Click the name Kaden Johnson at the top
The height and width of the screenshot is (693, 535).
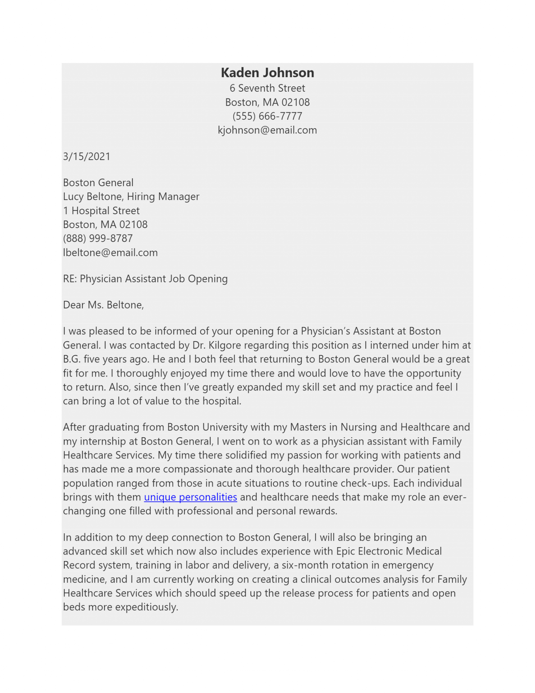pos(267,73)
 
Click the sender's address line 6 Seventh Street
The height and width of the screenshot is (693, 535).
pos(267,88)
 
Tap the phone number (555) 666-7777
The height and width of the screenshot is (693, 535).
pos(267,116)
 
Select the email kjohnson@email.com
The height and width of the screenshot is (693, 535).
pos(267,130)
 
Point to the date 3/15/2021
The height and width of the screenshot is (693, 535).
pos(87,157)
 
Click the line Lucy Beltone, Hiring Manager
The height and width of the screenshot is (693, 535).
pos(131,197)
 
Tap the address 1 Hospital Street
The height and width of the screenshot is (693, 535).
pos(101,211)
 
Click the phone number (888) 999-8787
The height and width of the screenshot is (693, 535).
pos(98,239)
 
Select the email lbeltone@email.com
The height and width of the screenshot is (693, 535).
pos(110,253)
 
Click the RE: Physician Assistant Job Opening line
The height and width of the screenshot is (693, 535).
pos(145,279)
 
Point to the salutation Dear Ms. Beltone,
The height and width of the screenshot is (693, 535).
pos(103,305)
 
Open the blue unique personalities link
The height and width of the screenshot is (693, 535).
pos(190,497)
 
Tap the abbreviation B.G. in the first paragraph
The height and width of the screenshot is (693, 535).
pos(72,359)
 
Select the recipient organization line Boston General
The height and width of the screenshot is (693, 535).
pos(98,183)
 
